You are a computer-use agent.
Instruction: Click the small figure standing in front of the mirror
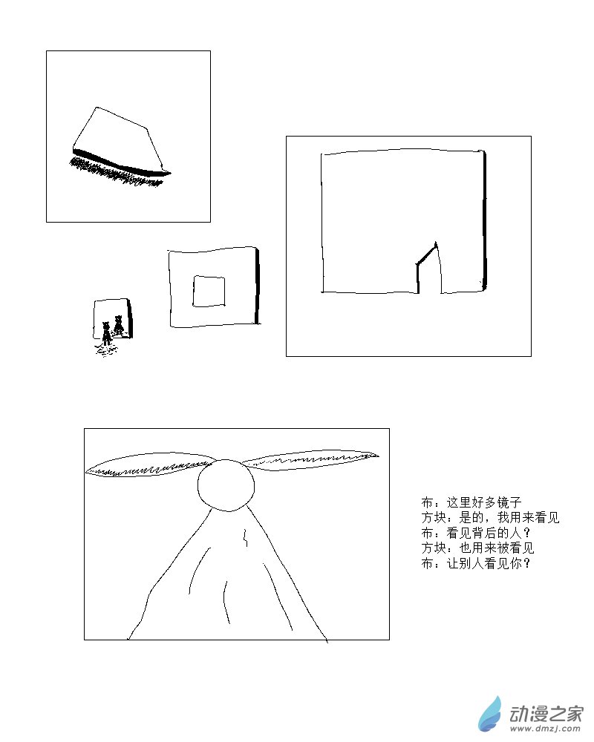(107, 332)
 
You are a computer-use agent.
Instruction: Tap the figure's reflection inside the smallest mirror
(118, 325)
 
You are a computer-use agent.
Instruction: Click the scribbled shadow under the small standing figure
(106, 349)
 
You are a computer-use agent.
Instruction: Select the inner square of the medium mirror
(209, 291)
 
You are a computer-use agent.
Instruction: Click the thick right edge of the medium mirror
(257, 286)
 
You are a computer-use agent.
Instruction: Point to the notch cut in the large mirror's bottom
(429, 268)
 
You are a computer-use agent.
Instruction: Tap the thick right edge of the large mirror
(484, 220)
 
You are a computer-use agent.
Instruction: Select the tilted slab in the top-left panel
(121, 141)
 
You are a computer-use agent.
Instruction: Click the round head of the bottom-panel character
(226, 485)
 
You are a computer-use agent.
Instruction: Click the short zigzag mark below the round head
(245, 536)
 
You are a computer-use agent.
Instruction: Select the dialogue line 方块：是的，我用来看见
(490, 518)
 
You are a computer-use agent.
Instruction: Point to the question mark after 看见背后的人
(527, 533)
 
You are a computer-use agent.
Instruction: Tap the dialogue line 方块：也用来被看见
(477, 548)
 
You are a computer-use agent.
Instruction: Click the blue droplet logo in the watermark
(490, 715)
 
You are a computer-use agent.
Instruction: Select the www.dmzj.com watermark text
(545, 729)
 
